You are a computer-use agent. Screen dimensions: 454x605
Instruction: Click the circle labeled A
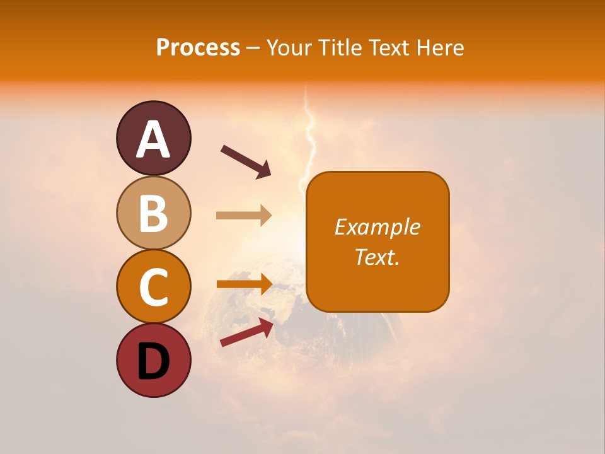[x=154, y=138]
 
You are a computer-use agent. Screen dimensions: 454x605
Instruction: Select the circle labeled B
[x=154, y=212]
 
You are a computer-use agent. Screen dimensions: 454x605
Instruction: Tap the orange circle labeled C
[x=154, y=286]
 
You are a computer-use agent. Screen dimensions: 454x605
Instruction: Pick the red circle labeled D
[x=154, y=360]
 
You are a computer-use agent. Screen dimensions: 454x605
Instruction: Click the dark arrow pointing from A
[x=246, y=161]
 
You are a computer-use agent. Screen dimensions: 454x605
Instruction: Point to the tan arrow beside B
[x=244, y=216]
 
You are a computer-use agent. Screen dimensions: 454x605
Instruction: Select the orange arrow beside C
[x=245, y=284]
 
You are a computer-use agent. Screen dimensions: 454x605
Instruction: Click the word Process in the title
[x=198, y=48]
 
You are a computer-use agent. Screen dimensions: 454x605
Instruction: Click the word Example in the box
[x=377, y=227]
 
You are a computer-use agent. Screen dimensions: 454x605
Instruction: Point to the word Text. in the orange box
[x=377, y=257]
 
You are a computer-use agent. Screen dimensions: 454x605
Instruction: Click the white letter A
[x=154, y=139]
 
